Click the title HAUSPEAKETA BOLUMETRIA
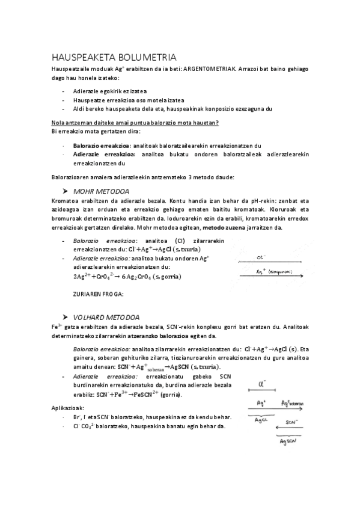(x=114, y=58)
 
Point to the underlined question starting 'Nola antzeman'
(x=135, y=123)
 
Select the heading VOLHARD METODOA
(x=106, y=316)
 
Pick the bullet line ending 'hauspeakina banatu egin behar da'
(x=148, y=426)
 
